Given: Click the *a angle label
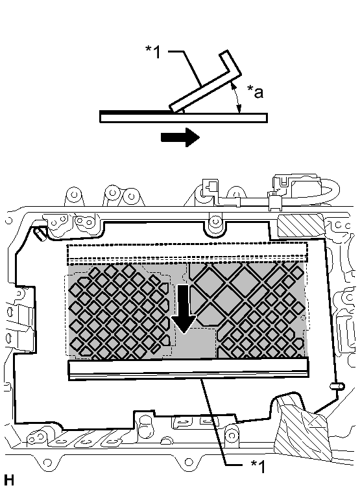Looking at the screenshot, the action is (255, 92).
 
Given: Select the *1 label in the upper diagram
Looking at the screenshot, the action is (153, 52).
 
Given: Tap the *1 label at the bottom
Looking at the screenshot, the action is (258, 466).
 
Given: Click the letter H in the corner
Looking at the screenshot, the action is (9, 480).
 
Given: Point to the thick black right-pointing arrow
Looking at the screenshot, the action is (180, 137).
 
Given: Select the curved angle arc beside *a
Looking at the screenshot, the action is (237, 97).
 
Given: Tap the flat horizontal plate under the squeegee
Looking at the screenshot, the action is (184, 118).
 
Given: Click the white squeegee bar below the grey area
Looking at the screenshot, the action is (188, 369).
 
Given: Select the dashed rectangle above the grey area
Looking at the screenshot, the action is (187, 253).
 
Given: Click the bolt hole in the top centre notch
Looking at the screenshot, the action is (215, 222).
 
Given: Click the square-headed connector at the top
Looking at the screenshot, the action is (210, 187).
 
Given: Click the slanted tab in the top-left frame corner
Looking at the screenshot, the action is (39, 233).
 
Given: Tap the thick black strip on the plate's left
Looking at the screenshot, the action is (135, 111).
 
